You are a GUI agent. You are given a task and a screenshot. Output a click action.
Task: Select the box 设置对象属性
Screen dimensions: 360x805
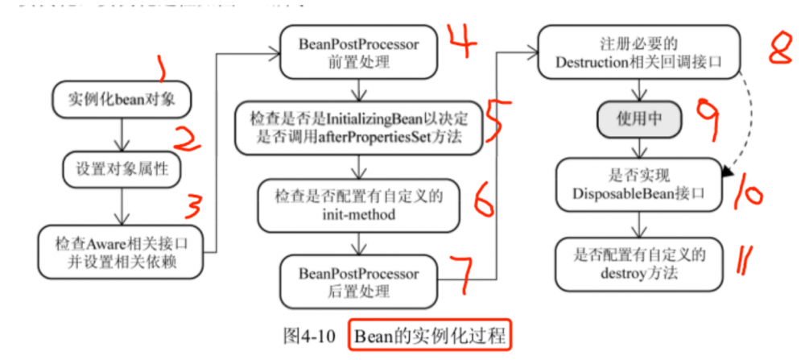[119, 170]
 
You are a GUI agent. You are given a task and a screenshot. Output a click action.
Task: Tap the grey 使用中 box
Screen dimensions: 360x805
[638, 119]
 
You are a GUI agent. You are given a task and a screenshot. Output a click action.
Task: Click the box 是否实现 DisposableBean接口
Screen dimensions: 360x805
[638, 181]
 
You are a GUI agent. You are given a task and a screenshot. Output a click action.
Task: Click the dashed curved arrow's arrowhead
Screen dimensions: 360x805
[729, 171]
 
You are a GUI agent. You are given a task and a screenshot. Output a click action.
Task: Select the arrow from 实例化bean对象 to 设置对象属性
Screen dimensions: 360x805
[119, 134]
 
